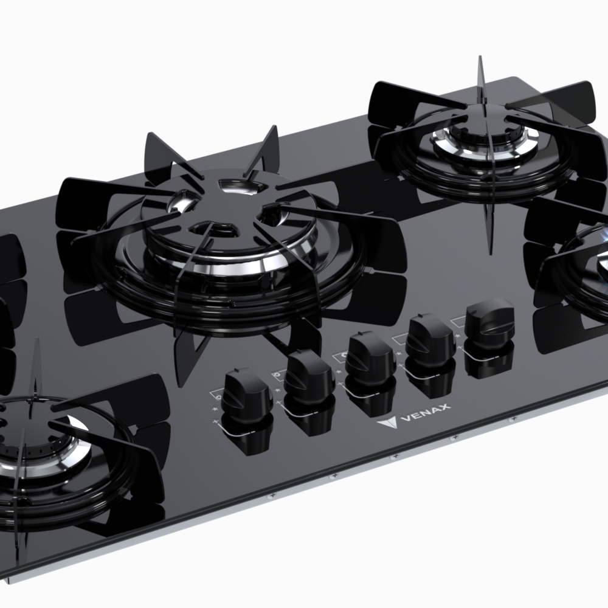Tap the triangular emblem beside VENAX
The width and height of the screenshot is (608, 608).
click(x=386, y=423)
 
